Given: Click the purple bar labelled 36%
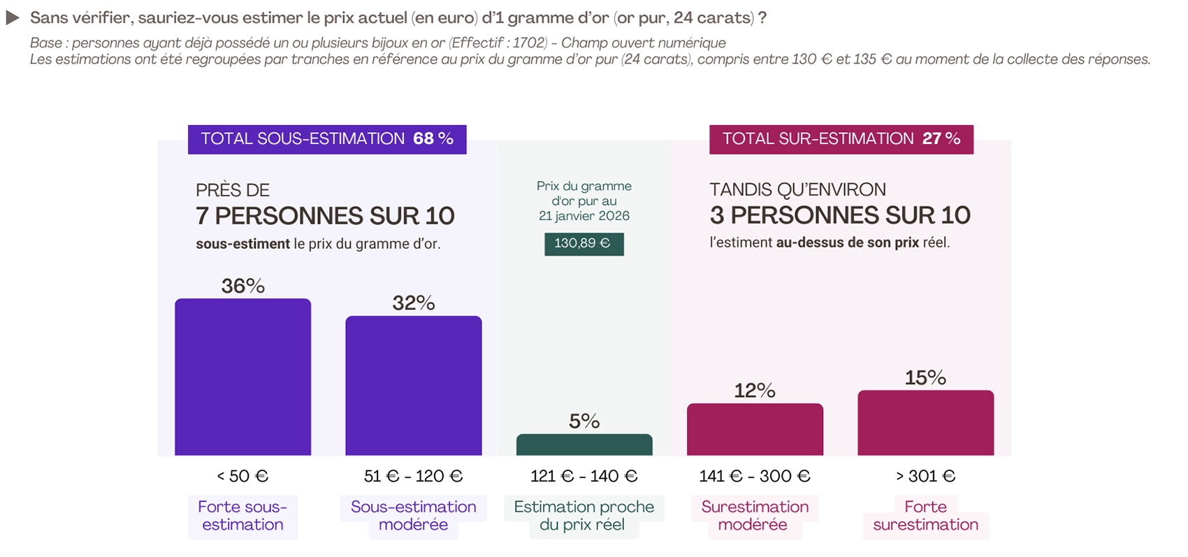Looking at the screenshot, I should [242, 377].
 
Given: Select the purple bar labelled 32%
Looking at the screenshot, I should [413, 386].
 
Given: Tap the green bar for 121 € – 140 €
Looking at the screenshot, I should [584, 445].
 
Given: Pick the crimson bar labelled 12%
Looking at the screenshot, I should [755, 430].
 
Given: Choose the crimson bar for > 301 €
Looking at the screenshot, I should [925, 423].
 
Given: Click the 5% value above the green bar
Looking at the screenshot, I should [584, 421].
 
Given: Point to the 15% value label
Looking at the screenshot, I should [925, 377].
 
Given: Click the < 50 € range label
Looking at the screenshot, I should [242, 476].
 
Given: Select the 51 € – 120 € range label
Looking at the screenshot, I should [413, 476].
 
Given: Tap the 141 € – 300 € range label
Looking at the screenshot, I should [755, 476].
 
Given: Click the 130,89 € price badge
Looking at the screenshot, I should [584, 244].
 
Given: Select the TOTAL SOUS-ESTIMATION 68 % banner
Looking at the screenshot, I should [327, 139].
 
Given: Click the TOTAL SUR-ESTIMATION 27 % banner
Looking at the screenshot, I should [841, 139].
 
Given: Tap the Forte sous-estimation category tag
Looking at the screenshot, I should [242, 516].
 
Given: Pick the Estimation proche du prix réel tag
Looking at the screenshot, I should [584, 516].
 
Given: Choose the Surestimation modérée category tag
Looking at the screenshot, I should [755, 516].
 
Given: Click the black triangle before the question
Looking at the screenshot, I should [13, 18].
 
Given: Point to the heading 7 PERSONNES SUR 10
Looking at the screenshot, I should [325, 216].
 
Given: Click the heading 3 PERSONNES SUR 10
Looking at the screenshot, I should [840, 215].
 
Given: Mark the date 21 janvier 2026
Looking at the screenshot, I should [584, 216].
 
